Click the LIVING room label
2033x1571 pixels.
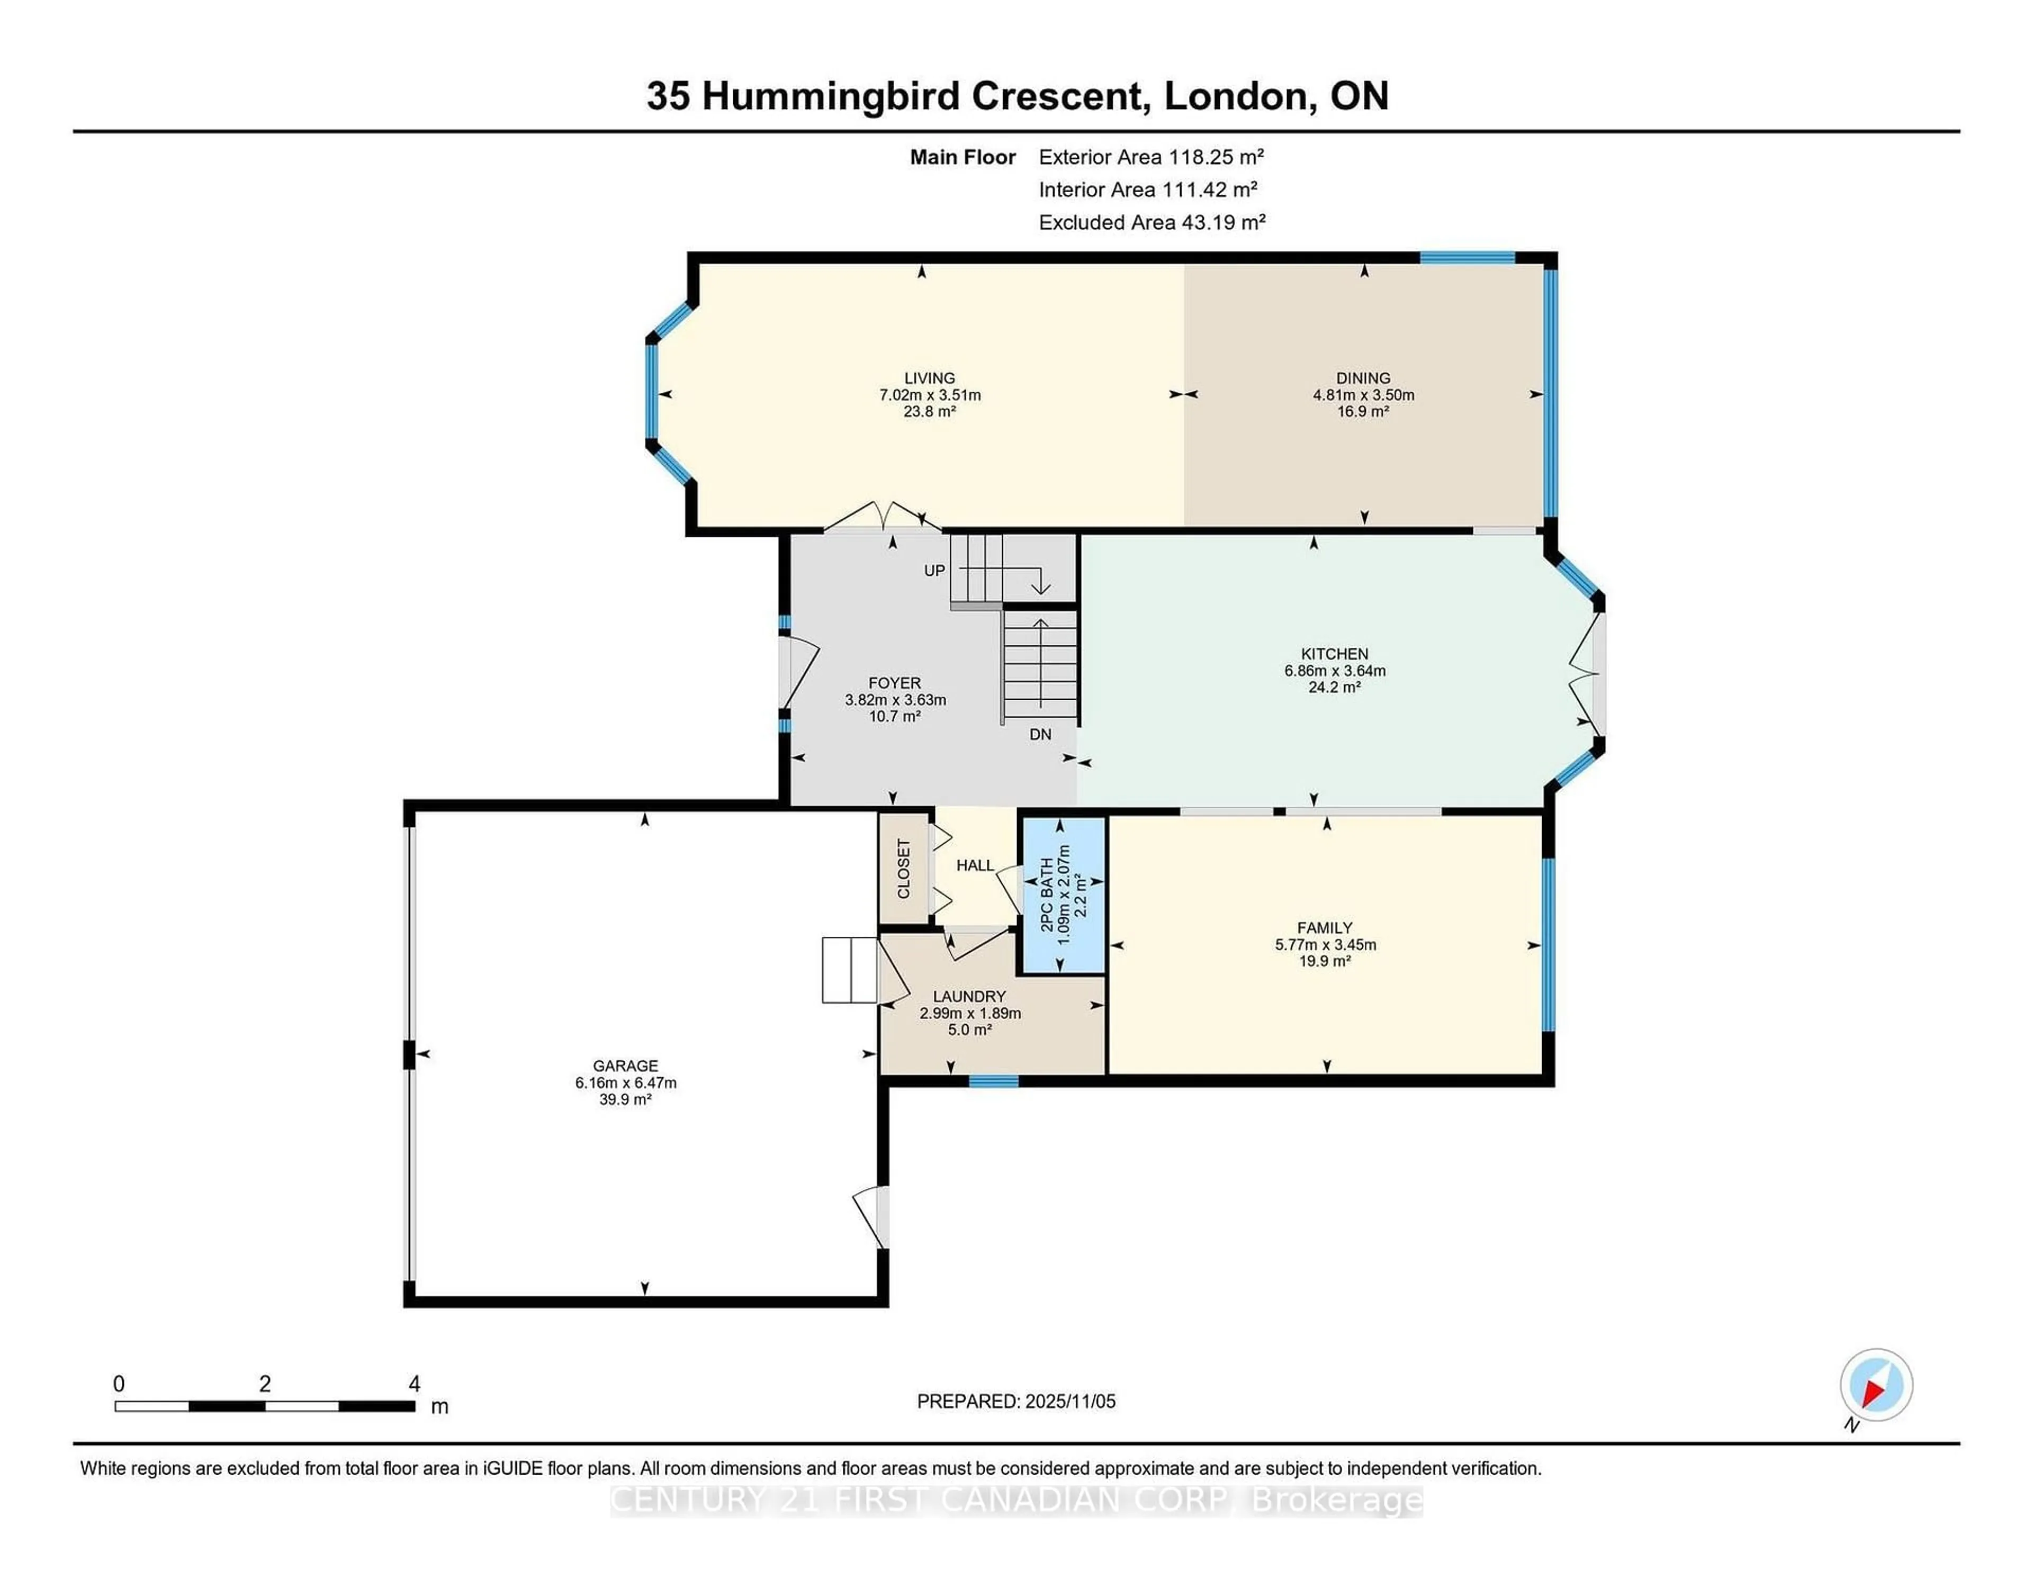[929, 378]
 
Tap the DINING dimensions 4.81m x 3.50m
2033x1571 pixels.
[1363, 395]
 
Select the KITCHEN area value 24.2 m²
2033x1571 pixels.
[1334, 687]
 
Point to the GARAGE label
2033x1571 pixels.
[626, 1066]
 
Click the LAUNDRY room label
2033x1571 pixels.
[969, 996]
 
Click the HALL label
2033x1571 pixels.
[975, 865]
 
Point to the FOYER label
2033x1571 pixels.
[894, 683]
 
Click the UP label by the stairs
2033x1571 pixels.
[934, 571]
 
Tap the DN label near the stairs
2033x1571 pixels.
[1040, 734]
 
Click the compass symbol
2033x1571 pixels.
[1876, 1385]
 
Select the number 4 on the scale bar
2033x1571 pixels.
[414, 1384]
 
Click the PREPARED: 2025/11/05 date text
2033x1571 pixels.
[1015, 1402]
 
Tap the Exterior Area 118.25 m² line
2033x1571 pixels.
[1150, 157]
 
